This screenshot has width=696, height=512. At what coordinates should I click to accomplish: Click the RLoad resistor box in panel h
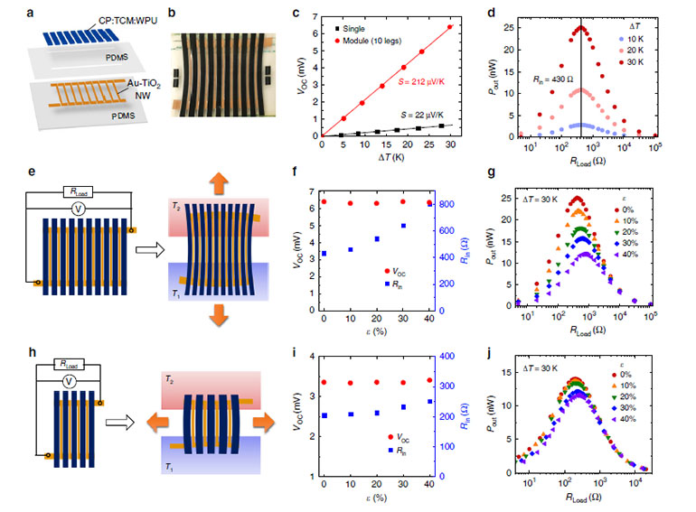(70, 364)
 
